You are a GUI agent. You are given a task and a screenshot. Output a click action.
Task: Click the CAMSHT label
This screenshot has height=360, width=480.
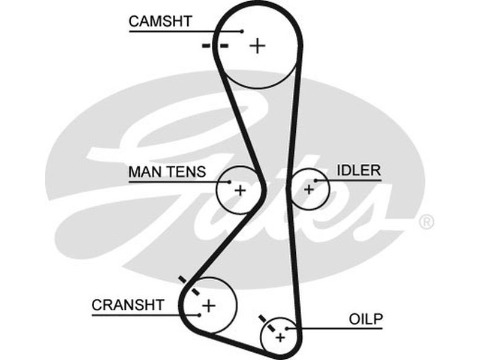pos(160,22)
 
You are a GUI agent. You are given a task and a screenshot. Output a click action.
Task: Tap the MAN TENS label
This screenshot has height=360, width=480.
pos(167,172)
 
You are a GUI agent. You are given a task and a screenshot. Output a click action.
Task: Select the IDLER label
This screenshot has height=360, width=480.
pos(358,170)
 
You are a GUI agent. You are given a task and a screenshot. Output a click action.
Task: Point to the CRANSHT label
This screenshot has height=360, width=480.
pos(127,305)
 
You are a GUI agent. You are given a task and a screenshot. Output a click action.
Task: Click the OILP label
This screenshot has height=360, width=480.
pos(365,319)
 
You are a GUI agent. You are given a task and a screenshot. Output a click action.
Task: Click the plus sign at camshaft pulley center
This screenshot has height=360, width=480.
pos(257,46)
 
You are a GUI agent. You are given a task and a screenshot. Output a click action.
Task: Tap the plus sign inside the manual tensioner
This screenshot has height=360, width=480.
pos(240,191)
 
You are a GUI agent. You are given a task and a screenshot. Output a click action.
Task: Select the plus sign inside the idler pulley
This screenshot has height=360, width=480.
pos(309,190)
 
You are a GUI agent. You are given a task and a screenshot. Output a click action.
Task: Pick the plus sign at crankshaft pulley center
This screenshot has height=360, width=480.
pos(208,305)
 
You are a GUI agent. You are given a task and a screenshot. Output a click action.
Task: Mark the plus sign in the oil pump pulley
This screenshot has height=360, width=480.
pos(280,337)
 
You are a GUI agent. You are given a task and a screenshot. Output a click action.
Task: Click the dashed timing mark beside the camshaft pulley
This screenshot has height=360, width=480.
pos(215,46)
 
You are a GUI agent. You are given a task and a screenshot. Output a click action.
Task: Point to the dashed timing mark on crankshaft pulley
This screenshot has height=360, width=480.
pos(189,285)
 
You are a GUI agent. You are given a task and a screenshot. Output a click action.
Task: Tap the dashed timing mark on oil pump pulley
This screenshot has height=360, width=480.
pos(266,323)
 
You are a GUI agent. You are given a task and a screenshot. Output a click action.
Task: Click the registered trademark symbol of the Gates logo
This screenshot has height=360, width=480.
pos(426,222)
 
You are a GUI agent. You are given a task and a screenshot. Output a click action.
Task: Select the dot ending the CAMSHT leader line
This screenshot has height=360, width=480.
pos(242,31)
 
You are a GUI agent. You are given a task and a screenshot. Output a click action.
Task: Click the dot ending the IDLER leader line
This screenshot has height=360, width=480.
pos(316,179)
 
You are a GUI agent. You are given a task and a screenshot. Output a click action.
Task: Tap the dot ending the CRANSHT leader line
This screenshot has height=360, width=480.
pos(198,313)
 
